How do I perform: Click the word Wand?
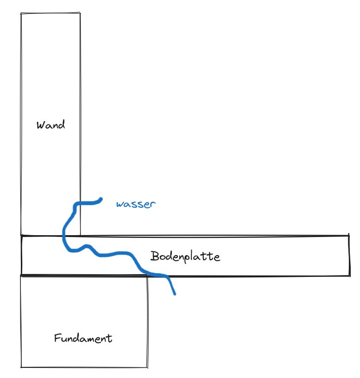point(51,125)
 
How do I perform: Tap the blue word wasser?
point(136,204)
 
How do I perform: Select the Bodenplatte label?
point(185,256)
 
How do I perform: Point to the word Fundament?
point(83,338)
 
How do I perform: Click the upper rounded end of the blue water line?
point(101,199)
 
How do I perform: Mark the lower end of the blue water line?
point(175,294)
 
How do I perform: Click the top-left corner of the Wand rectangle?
point(21,13)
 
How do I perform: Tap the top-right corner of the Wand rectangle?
point(80,13)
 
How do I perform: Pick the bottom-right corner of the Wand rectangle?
point(80,235)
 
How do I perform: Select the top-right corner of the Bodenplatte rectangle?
point(349,235)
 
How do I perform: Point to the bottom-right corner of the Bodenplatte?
point(349,275)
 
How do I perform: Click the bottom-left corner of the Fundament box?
point(21,367)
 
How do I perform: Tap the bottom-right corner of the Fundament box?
point(147,368)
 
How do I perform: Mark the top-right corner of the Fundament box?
point(147,276)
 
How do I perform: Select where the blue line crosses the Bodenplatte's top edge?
point(64,236)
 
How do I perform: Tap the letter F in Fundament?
point(57,338)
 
